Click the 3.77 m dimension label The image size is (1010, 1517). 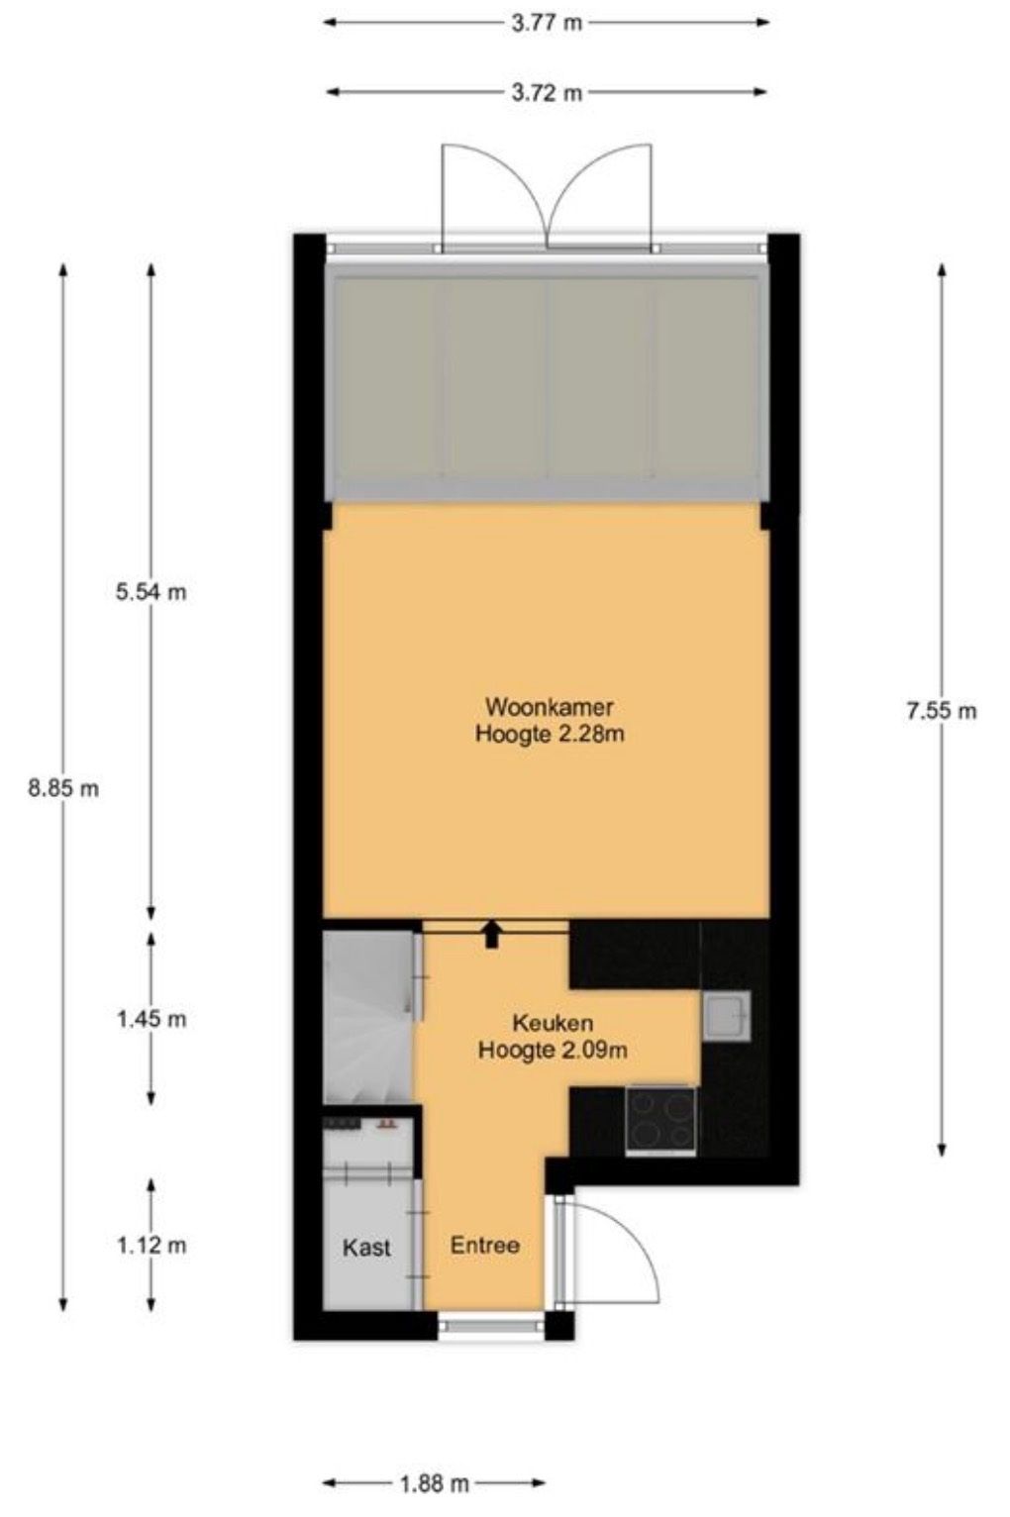(x=546, y=23)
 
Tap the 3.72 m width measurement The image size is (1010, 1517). (x=546, y=93)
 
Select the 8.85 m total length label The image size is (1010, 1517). (x=63, y=788)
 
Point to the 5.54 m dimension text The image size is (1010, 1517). (x=151, y=592)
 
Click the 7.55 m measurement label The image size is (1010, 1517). (x=942, y=710)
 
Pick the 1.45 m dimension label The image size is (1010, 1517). (x=151, y=1019)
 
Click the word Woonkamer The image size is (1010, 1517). (x=550, y=707)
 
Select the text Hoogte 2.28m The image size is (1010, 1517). (x=550, y=734)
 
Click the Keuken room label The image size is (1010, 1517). (x=553, y=1023)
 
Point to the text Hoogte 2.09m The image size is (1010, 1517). (x=553, y=1050)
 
